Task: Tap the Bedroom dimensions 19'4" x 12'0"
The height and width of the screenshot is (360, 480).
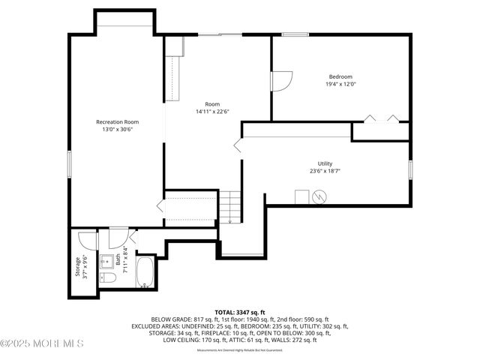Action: tap(340, 84)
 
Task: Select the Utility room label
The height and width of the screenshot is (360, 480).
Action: tap(325, 163)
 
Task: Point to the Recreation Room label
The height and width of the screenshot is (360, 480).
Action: tap(117, 121)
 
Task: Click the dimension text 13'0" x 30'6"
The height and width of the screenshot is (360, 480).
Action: tap(117, 129)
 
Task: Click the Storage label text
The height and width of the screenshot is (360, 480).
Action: tap(77, 267)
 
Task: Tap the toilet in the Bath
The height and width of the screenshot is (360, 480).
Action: tap(108, 279)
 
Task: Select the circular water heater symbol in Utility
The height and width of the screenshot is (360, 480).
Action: tap(321, 197)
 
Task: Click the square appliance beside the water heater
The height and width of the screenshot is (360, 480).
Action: tap(302, 196)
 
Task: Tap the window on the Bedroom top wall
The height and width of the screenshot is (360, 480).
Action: tap(295, 34)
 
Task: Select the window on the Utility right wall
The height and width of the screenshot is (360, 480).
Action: tap(410, 169)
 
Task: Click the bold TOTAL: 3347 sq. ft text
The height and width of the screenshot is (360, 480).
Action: tap(240, 311)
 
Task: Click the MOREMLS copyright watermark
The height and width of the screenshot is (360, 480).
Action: tap(43, 343)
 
